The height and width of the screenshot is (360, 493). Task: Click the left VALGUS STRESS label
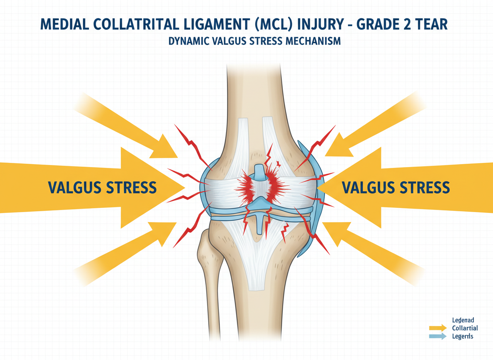pos(102,187)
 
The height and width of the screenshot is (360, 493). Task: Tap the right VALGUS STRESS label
pos(395,187)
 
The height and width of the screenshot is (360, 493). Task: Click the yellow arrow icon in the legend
pos(437,327)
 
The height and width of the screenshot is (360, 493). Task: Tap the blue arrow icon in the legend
pos(437,336)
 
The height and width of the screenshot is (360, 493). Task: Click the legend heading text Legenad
pos(463,320)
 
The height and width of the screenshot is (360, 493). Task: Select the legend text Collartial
pos(465,328)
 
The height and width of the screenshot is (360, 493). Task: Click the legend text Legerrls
pos(463,336)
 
